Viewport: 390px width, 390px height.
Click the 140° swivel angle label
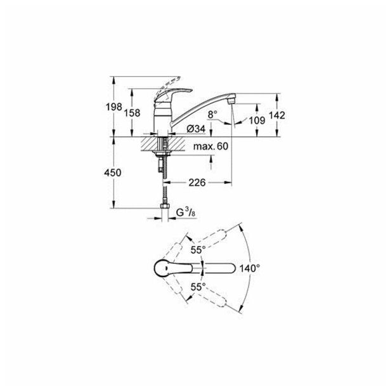pyautogui.click(x=250, y=269)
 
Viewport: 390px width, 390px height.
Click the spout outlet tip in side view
pyautogui.click(x=233, y=100)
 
